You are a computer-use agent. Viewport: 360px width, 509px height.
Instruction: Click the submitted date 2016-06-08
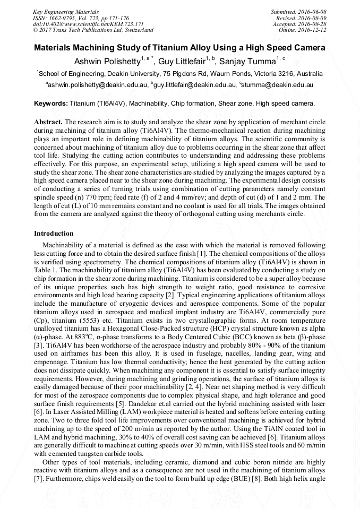312,12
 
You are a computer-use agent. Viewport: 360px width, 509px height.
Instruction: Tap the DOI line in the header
88,24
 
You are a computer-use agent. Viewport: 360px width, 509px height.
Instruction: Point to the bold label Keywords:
50,102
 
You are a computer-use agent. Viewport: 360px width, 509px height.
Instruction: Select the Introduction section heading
54,234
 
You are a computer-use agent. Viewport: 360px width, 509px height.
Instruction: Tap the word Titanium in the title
164,48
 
